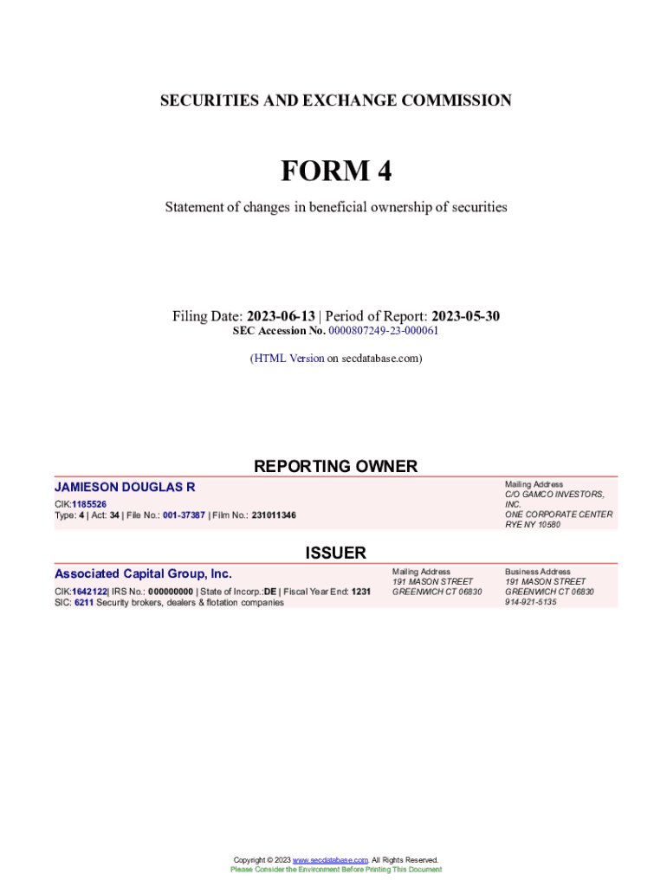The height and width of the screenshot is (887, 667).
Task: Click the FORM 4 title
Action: pyautogui.click(x=335, y=172)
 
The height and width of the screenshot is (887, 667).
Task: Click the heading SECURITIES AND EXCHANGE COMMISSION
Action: pyautogui.click(x=335, y=100)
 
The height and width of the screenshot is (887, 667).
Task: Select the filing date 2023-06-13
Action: pyautogui.click(x=281, y=316)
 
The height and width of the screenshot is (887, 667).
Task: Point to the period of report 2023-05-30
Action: pyautogui.click(x=466, y=316)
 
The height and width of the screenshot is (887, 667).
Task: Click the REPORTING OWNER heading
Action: pyautogui.click(x=335, y=467)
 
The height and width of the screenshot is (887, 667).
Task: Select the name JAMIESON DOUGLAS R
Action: pyautogui.click(x=125, y=488)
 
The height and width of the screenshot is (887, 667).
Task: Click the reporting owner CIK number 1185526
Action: pyautogui.click(x=89, y=504)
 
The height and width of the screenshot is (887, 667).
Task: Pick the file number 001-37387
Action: pyautogui.click(x=184, y=515)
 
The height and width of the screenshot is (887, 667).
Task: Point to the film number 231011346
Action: pyautogui.click(x=274, y=515)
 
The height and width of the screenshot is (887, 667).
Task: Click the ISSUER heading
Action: pyautogui.click(x=335, y=553)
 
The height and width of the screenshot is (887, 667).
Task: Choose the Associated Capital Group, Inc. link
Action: pyautogui.click(x=143, y=573)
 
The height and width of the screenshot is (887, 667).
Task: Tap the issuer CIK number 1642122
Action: pyautogui.click(x=89, y=592)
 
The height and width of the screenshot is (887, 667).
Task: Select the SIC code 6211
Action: pyautogui.click(x=84, y=602)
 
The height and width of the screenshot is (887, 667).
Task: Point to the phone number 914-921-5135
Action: pyautogui.click(x=531, y=602)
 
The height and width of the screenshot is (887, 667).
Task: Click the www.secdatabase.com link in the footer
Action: pyautogui.click(x=331, y=860)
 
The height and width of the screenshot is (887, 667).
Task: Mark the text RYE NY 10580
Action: pyautogui.click(x=533, y=525)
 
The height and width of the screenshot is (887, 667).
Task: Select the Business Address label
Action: pyautogui.click(x=538, y=572)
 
